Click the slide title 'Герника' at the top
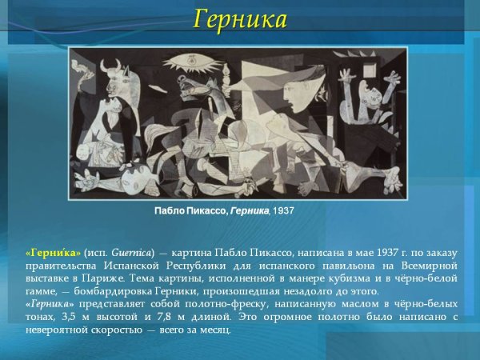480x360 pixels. (240, 18)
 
